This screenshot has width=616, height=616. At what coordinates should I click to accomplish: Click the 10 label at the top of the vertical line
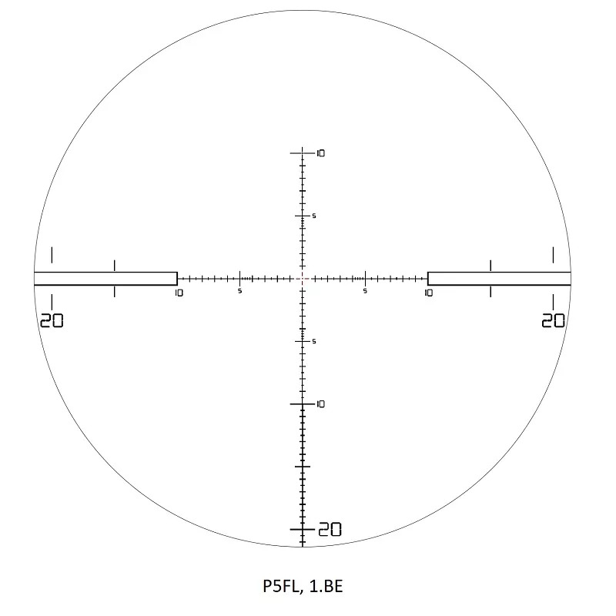click(x=321, y=153)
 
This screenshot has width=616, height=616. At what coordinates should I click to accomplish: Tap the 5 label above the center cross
click(x=314, y=216)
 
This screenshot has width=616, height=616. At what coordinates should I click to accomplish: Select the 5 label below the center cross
click(x=314, y=341)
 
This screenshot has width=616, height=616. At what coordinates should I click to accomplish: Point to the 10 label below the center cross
click(x=321, y=404)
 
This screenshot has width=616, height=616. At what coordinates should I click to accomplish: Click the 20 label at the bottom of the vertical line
click(x=330, y=530)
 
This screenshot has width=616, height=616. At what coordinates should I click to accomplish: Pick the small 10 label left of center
click(x=179, y=293)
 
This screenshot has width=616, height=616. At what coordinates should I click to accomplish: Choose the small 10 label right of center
click(x=428, y=293)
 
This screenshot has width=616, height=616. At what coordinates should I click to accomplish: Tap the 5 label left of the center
click(x=240, y=291)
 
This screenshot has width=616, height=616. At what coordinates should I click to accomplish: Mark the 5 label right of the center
click(x=365, y=291)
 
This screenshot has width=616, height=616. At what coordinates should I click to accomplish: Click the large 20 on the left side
click(x=52, y=320)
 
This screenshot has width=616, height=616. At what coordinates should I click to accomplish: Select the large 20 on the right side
click(x=554, y=320)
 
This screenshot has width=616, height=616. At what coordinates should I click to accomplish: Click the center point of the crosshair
click(x=303, y=279)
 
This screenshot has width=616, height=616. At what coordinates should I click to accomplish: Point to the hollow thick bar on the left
click(x=105, y=279)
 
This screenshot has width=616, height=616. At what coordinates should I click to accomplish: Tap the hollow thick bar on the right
click(x=499, y=279)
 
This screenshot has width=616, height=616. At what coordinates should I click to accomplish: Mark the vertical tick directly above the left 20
click(x=52, y=254)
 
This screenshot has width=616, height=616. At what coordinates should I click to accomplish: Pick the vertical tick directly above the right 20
click(x=554, y=254)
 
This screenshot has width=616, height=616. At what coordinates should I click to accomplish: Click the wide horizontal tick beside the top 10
click(x=303, y=153)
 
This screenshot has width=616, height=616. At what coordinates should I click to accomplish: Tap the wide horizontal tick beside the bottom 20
click(x=303, y=530)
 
